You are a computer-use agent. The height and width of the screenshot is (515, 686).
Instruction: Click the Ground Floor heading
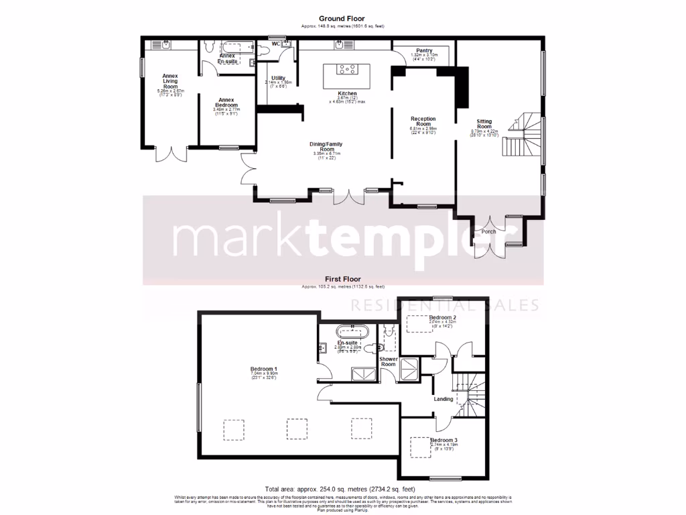coord(342,19)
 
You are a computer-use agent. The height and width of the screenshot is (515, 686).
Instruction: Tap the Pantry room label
coord(423,50)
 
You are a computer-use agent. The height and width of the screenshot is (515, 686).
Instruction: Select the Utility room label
coord(278,78)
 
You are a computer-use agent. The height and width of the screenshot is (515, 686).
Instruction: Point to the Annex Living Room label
coord(170,81)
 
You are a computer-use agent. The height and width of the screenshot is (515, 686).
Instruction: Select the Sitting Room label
coord(484,123)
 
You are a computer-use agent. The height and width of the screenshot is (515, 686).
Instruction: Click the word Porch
coord(489,232)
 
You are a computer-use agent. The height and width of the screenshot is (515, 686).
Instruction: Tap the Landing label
coord(443,399)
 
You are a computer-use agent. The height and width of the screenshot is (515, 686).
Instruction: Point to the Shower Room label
coord(389,362)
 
